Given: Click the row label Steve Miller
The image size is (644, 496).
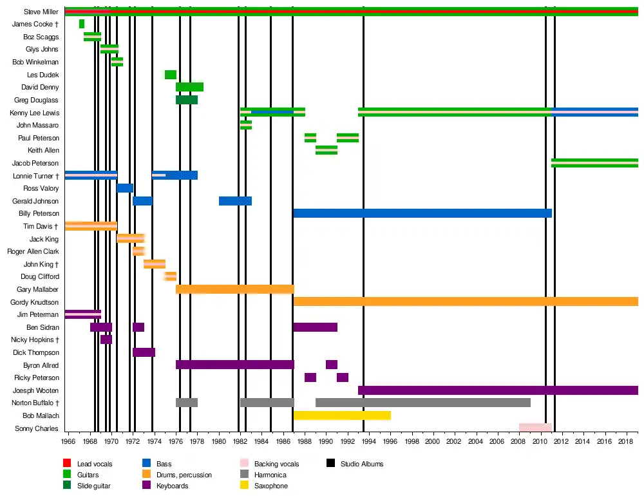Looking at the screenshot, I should pyautogui.click(x=41, y=12).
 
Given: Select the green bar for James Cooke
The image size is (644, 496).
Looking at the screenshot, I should pyautogui.click(x=82, y=24).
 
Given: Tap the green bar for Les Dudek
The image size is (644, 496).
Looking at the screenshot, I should pyautogui.click(x=171, y=75).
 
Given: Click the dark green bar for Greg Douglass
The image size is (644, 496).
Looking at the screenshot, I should pyautogui.click(x=187, y=100).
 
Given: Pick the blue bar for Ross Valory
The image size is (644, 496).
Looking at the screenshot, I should pyautogui.click(x=125, y=188).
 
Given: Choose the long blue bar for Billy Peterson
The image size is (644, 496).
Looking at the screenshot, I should pyautogui.click(x=422, y=213).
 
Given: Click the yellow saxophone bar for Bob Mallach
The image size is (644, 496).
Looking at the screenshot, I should pyautogui.click(x=342, y=415).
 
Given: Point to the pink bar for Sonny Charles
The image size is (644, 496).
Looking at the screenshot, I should pyautogui.click(x=535, y=428).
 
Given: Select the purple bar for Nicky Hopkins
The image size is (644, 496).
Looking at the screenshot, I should pyautogui.click(x=106, y=339).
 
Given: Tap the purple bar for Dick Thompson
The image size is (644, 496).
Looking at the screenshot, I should pyautogui.click(x=144, y=352).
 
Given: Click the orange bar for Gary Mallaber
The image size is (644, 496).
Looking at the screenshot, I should pyautogui.click(x=235, y=289).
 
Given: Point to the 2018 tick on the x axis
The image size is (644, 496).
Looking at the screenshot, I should pyautogui.click(x=625, y=441).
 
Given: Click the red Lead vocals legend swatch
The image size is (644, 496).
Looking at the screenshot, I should pyautogui.click(x=67, y=464).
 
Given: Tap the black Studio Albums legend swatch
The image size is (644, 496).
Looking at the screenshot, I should pyautogui.click(x=331, y=464).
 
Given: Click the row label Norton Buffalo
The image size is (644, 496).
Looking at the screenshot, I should pyautogui.click(x=35, y=403).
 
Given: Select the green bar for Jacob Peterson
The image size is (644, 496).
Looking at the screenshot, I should pyautogui.click(x=594, y=163).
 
